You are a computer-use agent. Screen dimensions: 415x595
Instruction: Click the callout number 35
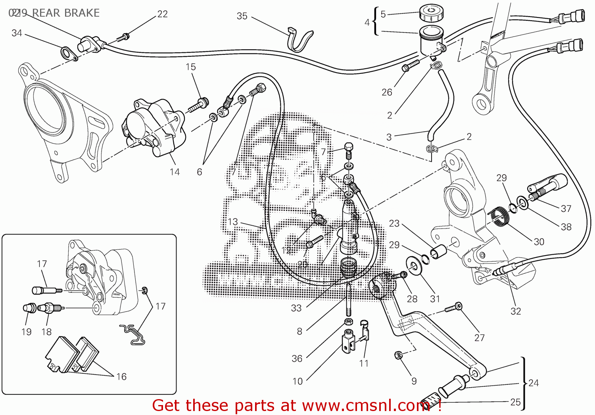coord(242,16)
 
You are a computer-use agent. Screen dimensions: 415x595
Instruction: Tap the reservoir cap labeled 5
coord(431,13)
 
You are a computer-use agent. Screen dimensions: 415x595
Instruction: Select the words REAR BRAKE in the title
coord(65,13)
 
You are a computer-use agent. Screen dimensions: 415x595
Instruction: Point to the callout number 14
coord(175,172)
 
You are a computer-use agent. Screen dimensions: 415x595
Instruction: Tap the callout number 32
coord(516,311)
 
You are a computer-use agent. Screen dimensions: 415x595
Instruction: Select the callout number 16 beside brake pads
coord(121,377)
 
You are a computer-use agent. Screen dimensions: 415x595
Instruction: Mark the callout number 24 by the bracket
coord(534,383)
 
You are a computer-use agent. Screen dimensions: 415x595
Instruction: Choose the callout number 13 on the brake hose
coord(233,221)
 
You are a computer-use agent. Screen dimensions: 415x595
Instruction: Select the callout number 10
coord(297,381)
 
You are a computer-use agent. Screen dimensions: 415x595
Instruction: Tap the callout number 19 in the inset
coord(26,332)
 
